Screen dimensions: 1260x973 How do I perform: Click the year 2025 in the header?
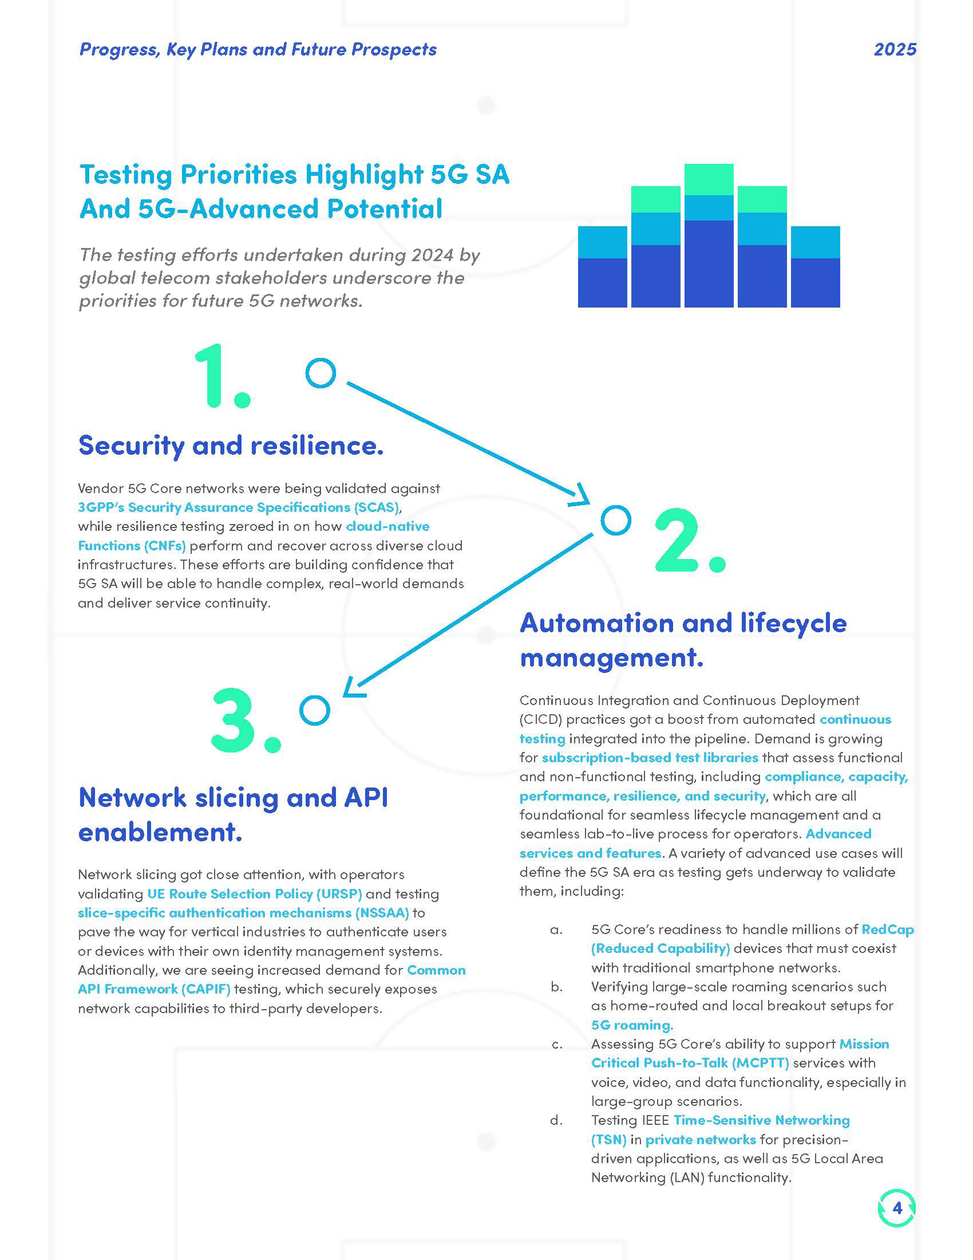pos(895,50)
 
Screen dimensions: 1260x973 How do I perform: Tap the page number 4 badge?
pos(896,1207)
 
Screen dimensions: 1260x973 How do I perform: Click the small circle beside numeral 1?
pos(321,373)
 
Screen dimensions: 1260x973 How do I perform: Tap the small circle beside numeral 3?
pos(315,710)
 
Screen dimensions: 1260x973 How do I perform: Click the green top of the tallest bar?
pos(709,179)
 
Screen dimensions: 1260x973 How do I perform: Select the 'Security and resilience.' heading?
pos(231,446)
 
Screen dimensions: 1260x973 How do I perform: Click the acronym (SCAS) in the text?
pos(377,507)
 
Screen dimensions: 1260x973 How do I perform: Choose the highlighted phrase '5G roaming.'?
pos(632,1025)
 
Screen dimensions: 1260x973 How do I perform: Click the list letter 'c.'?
pos(557,1044)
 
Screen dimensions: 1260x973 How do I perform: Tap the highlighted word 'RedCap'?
pos(887,930)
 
